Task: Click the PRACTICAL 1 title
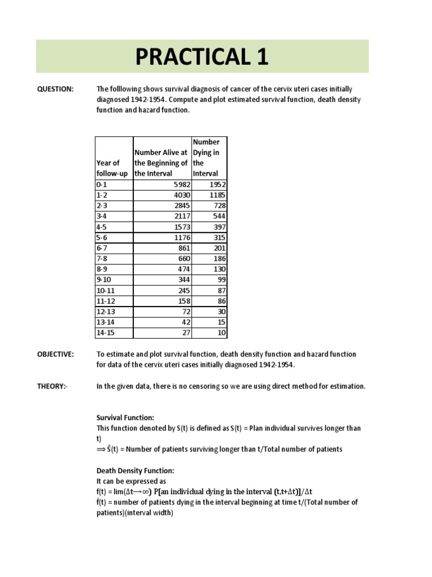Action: tap(202, 57)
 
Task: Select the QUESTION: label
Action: tap(56, 89)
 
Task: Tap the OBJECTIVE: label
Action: tap(56, 354)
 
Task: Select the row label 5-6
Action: tap(102, 237)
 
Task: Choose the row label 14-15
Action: tap(105, 332)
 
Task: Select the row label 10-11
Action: tap(105, 290)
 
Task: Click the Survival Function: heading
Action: tap(125, 418)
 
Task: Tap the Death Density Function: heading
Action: tap(135, 471)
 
